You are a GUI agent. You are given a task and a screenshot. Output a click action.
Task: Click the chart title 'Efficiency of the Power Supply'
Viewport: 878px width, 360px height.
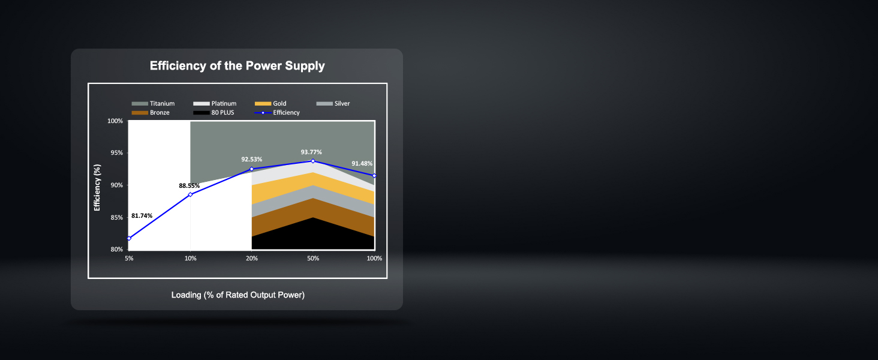point(237,65)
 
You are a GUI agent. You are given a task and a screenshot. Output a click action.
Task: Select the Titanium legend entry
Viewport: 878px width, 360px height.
point(154,104)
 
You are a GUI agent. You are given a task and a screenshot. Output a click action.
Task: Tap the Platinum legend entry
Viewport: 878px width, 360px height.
point(215,104)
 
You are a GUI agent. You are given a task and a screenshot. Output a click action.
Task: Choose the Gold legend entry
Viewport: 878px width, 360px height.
point(270,104)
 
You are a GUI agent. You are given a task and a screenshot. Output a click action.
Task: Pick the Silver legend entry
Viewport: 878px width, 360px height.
point(333,104)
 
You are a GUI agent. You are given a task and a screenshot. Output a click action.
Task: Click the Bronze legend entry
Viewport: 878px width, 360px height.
point(151,113)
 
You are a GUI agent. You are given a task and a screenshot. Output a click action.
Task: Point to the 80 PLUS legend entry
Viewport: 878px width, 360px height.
point(214,113)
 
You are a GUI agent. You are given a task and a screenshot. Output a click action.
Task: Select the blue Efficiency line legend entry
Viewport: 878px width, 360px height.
point(277,113)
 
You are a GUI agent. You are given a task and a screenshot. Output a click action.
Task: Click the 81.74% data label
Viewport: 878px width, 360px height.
point(142,215)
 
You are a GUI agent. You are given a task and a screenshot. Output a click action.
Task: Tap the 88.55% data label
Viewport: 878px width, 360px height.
point(190,186)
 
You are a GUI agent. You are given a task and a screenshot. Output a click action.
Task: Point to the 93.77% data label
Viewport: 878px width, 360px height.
point(311,152)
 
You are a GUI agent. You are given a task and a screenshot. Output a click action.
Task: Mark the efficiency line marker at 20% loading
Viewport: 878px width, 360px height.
point(252,169)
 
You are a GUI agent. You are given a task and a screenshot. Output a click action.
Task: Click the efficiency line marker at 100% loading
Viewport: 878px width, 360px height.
point(374,176)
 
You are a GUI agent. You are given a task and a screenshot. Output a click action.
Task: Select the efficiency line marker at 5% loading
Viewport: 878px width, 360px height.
point(130,238)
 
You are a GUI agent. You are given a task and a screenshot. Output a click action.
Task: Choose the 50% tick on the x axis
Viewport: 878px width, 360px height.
point(313,259)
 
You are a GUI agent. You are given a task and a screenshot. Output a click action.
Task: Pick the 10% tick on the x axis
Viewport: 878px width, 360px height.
point(191,259)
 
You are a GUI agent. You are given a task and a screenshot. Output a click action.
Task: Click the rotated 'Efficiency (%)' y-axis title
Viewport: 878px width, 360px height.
point(97,187)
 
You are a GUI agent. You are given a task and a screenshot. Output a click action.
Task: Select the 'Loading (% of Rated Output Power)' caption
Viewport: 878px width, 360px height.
point(238,295)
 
